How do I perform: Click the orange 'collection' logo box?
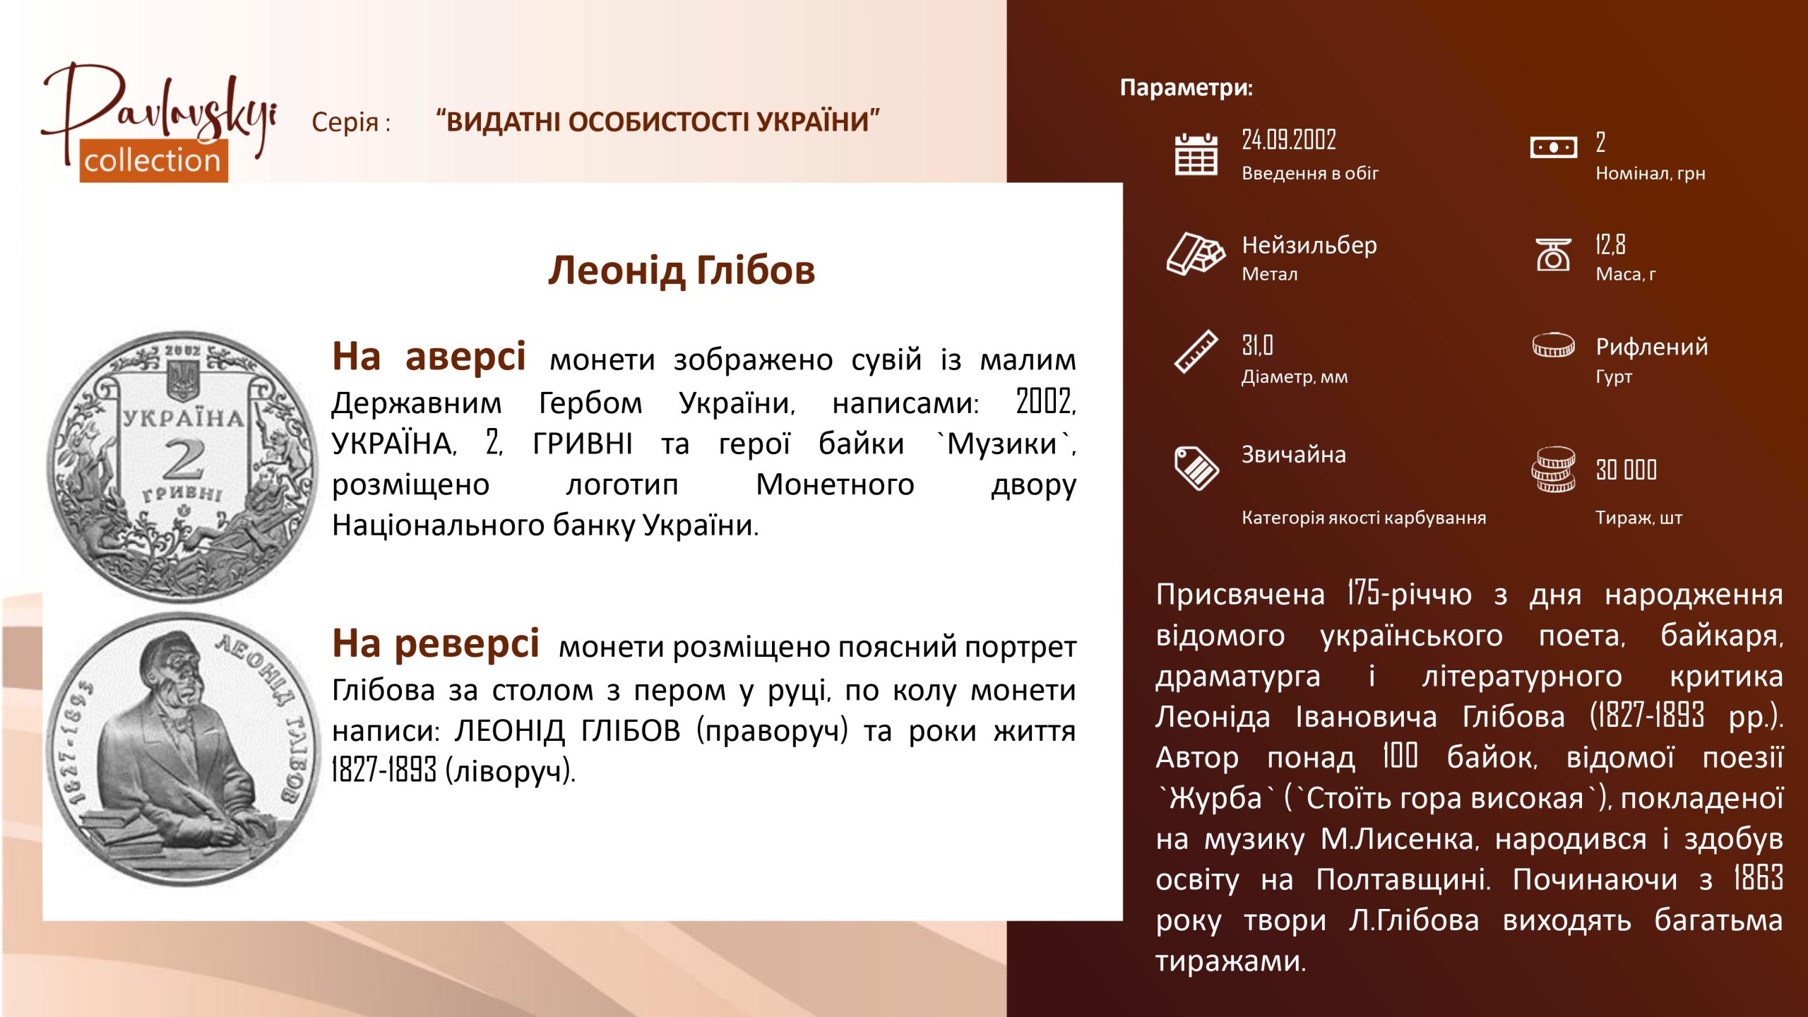tap(153, 160)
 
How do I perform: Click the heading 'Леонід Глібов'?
tap(682, 271)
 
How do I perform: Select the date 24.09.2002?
tap(1289, 140)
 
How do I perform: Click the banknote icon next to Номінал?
tap(1553, 148)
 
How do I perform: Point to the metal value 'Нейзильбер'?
tap(1309, 245)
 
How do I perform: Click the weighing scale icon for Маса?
tap(1553, 254)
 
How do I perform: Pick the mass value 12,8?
tap(1610, 244)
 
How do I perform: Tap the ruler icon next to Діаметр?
tap(1196, 351)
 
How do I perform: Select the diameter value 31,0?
tap(1257, 345)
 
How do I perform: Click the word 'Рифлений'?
tap(1652, 347)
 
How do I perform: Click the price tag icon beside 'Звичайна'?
tap(1196, 468)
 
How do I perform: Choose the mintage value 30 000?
tap(1626, 470)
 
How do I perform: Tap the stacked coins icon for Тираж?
tap(1553, 470)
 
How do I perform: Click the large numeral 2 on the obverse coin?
tap(184, 459)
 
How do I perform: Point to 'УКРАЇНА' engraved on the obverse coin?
tap(184, 417)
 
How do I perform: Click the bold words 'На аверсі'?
tap(429, 357)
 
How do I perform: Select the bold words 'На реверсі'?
tap(436, 644)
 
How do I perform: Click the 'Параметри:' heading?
tap(1186, 88)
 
